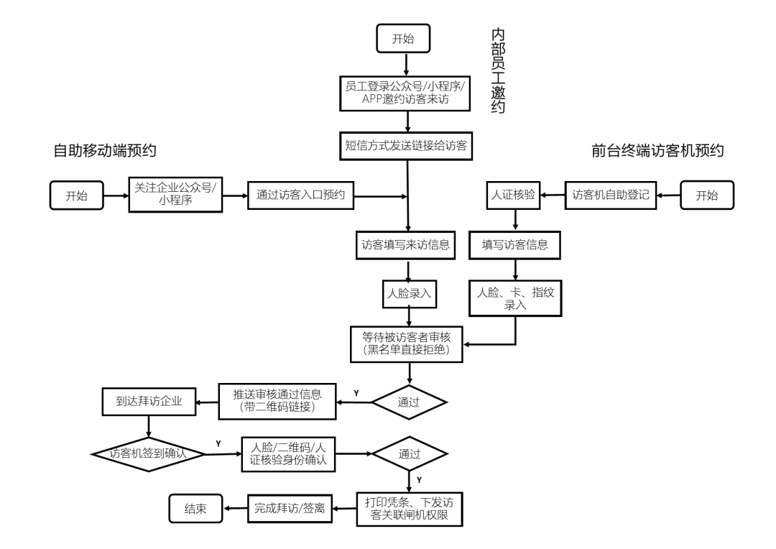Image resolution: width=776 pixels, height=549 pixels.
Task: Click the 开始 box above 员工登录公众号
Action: tap(403, 39)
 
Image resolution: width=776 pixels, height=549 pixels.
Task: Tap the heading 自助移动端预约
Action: tap(105, 151)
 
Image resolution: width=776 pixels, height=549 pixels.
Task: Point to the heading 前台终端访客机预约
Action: tap(657, 151)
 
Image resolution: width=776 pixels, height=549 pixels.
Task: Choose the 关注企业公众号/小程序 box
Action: tap(175, 195)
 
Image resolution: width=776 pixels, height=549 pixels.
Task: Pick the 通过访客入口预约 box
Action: tap(301, 195)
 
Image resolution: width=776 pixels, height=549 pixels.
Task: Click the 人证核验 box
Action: tap(514, 195)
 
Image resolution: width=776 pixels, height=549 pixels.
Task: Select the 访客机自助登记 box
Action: tap(611, 195)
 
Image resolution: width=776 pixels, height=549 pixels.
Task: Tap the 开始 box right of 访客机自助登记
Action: tap(708, 195)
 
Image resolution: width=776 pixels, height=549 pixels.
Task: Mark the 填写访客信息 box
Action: tap(514, 244)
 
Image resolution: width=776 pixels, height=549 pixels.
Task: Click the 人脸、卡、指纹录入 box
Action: tap(515, 298)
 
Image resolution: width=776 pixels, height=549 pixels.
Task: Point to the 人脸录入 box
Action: tap(409, 293)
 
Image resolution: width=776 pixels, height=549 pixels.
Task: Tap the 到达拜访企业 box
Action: tap(147, 402)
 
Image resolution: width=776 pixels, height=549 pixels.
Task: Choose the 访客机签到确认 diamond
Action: tap(148, 454)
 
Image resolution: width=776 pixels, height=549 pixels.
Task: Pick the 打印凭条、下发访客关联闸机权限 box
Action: tap(409, 508)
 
